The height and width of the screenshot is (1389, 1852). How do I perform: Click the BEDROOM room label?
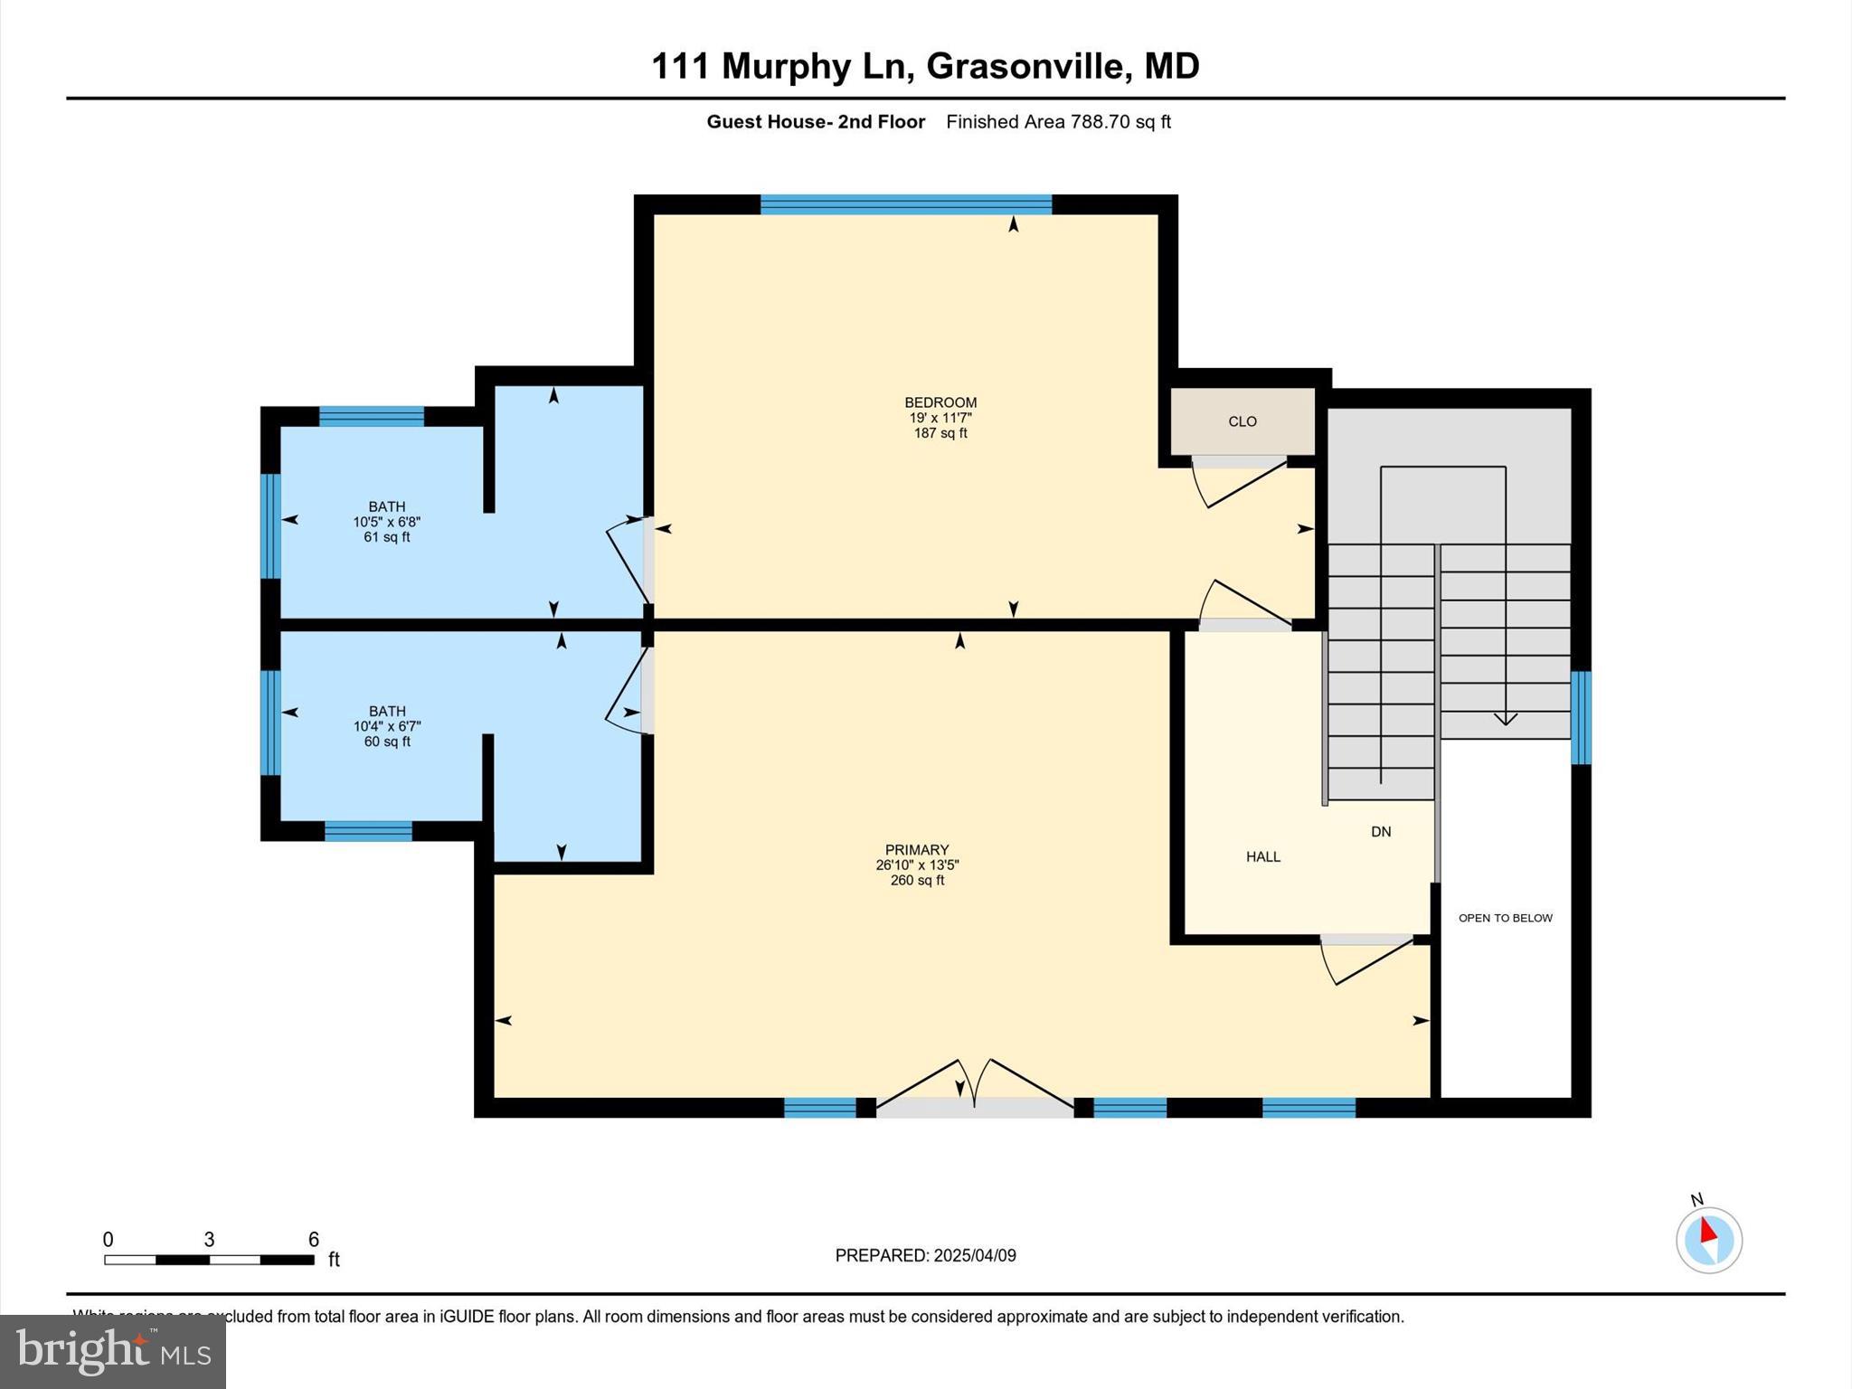(940, 402)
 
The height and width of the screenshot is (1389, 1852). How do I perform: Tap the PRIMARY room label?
(916, 850)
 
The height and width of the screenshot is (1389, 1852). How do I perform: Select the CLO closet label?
(1243, 421)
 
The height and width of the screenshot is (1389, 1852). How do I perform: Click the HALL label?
(1262, 856)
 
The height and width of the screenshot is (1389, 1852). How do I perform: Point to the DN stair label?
(1380, 832)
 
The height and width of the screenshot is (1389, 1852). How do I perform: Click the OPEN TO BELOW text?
(1505, 918)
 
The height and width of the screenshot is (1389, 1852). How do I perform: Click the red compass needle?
(1707, 1231)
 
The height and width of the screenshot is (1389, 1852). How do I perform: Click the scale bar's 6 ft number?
(314, 1240)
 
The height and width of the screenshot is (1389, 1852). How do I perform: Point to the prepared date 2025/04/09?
(975, 1255)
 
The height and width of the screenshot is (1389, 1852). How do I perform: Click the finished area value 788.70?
(1101, 122)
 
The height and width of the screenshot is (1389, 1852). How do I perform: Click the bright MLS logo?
(113, 1351)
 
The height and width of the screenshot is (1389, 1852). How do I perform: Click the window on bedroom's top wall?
(905, 204)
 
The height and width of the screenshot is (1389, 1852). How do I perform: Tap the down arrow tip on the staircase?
(1505, 721)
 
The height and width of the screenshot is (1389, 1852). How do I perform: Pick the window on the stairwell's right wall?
(1580, 717)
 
